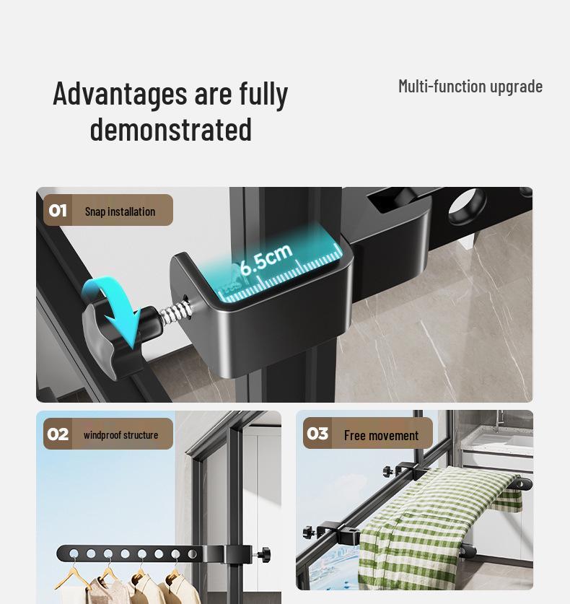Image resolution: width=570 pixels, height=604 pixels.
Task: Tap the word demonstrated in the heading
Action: (x=171, y=131)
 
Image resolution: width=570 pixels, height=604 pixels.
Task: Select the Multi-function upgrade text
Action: (x=470, y=87)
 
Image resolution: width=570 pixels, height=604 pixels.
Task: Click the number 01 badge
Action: (x=58, y=211)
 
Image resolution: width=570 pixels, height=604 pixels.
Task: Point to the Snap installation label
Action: (x=120, y=211)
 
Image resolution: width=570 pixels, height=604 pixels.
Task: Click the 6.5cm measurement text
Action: (x=266, y=258)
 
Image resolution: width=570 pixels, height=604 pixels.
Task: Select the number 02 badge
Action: (x=58, y=434)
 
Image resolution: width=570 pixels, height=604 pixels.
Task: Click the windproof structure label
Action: (x=120, y=435)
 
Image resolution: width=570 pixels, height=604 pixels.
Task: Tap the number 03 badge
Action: (x=317, y=434)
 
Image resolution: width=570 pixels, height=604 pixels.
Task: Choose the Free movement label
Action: (x=381, y=435)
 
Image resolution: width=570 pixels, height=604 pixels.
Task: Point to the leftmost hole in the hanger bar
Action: (x=74, y=554)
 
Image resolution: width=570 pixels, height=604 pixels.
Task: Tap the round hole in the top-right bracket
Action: (x=467, y=206)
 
